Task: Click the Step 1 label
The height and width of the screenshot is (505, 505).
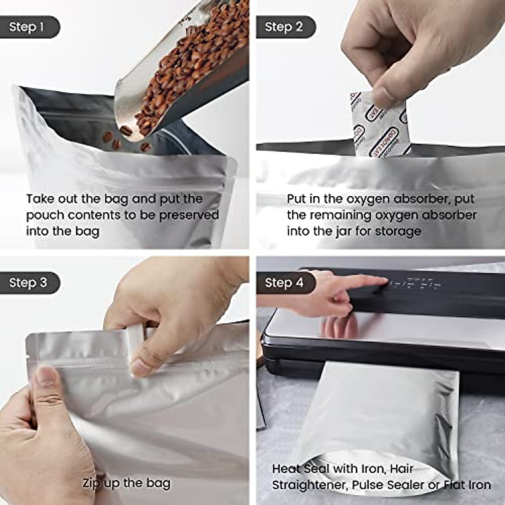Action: click(27, 27)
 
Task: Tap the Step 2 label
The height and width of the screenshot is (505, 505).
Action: click(284, 27)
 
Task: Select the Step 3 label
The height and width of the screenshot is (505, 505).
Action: click(28, 282)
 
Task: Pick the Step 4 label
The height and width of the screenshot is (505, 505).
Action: click(284, 282)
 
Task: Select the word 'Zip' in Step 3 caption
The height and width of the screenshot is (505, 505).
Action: click(92, 483)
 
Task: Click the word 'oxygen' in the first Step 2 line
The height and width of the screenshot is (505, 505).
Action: click(370, 199)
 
